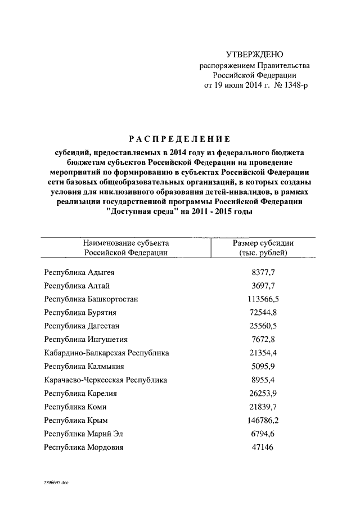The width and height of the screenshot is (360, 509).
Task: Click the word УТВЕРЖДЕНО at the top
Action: (x=255, y=55)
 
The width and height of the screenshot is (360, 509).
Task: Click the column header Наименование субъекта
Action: (x=126, y=243)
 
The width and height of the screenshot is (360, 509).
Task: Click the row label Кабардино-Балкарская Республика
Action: (x=107, y=353)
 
